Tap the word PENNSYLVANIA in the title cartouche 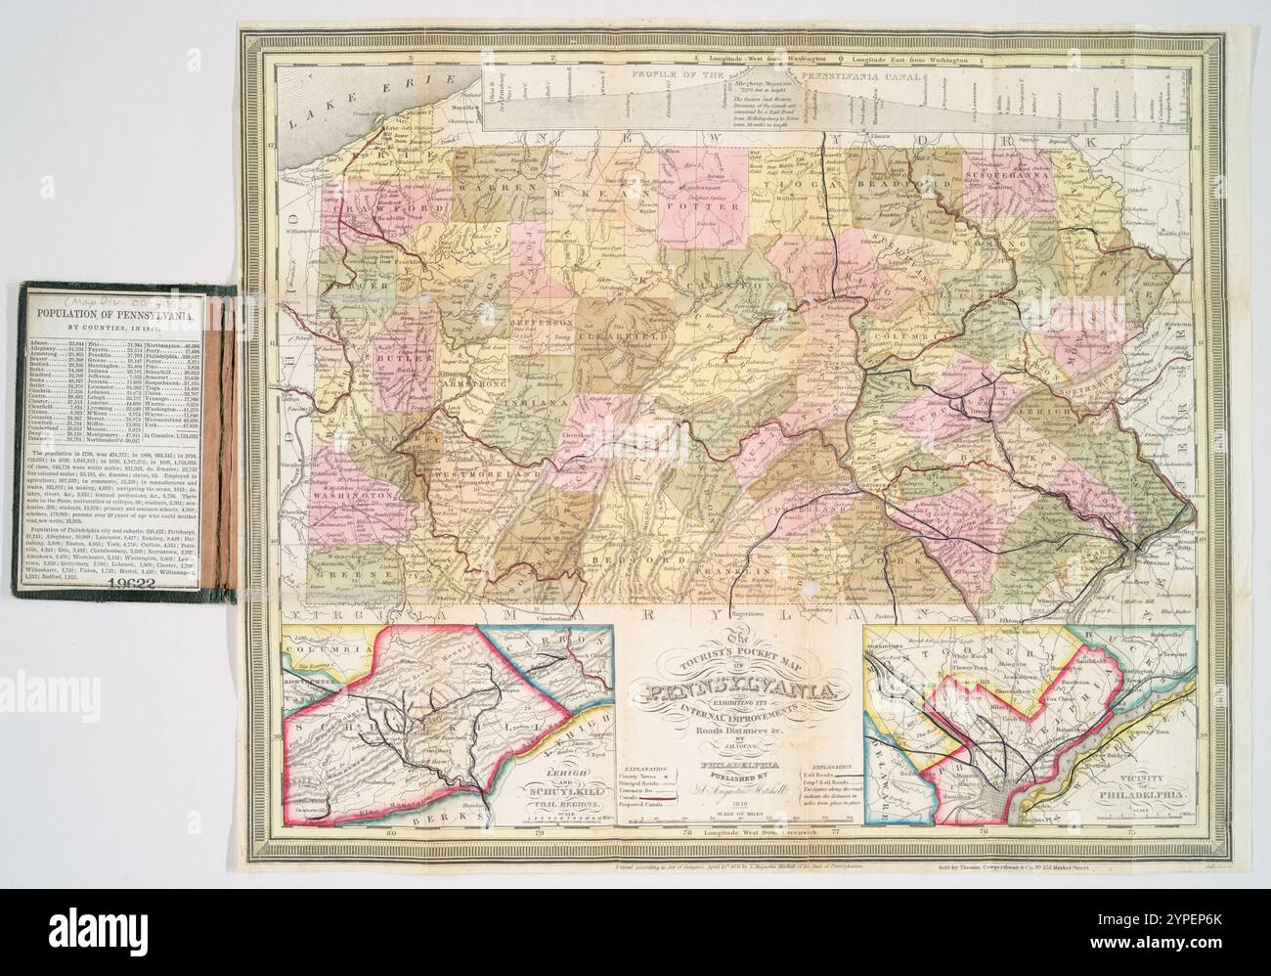738,694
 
